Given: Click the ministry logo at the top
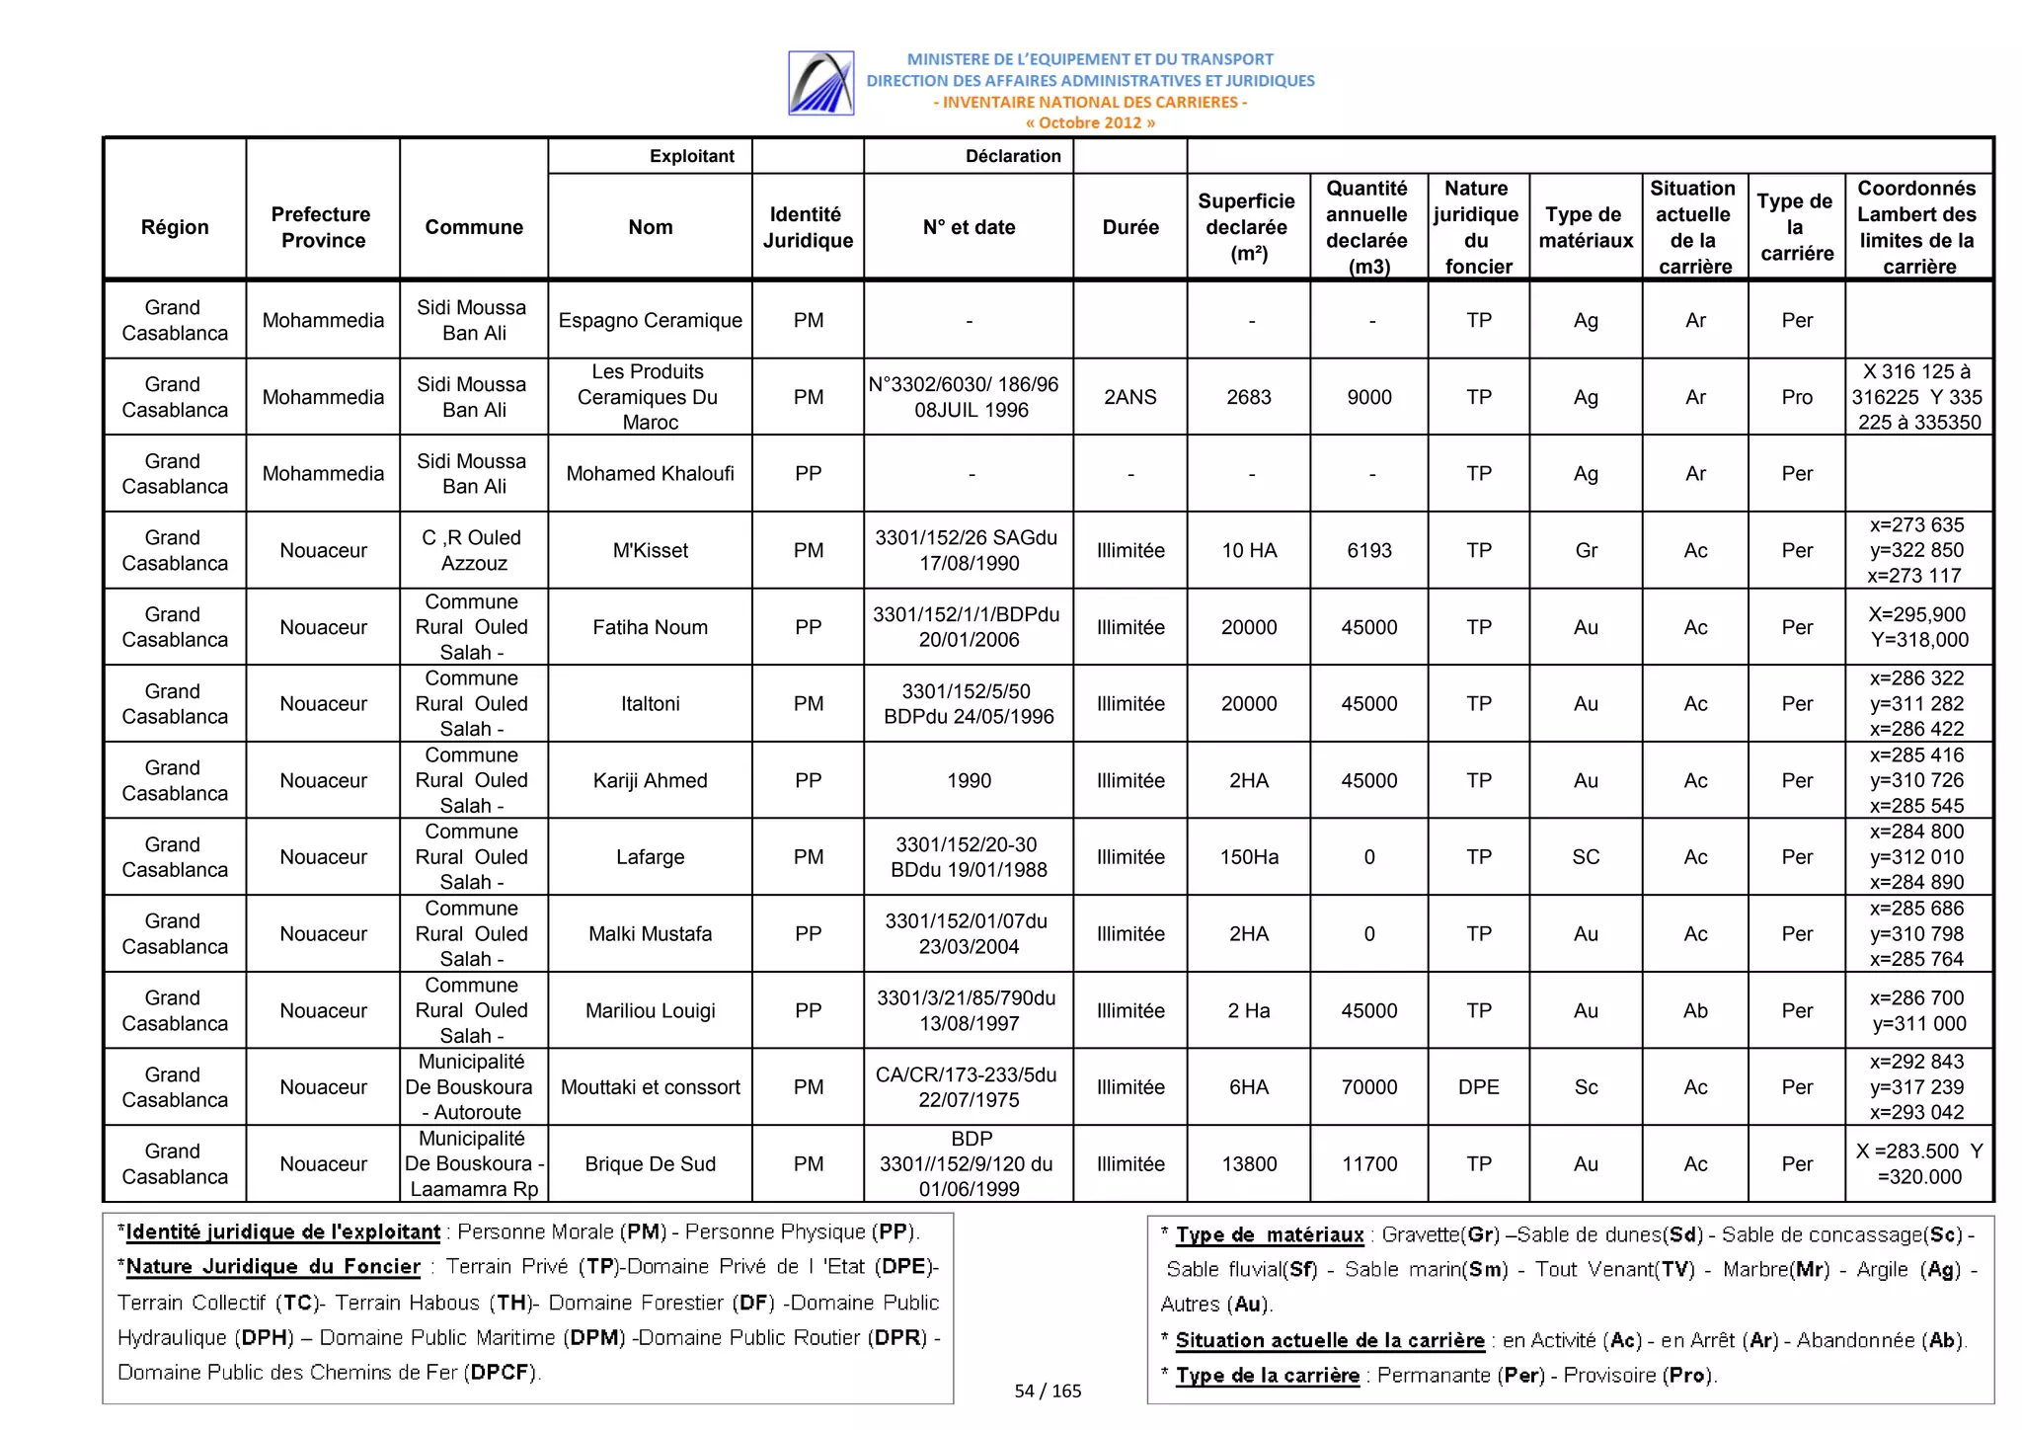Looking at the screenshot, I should pos(820,84).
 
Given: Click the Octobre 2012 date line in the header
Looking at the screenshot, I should pos(1089,123).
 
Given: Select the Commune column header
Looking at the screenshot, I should pos(474,227).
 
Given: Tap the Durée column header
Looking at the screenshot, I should pos(1129,227).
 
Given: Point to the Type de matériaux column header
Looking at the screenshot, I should pos(1585,227).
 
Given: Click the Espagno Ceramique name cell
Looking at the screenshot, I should pos(650,320).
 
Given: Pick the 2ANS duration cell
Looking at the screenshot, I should pos(1129,397).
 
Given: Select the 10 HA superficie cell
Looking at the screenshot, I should pos(1248,550).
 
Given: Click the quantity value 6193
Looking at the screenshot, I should pos(1368,550).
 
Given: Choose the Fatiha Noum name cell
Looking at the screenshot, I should pos(650,627).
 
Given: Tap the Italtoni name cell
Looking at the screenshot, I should pos(650,703).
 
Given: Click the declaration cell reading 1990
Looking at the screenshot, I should pos(969,780).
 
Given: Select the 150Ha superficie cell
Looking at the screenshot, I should pos(1248,857).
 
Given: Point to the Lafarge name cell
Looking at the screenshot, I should pos(650,857).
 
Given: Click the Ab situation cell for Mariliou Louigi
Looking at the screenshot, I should pos(1694,1010).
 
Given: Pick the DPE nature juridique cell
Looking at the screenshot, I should pos(1478,1087).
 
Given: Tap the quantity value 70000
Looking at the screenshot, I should pos(1368,1087).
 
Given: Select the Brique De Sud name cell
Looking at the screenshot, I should pos(650,1163).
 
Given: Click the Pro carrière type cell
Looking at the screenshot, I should pos(1796,397).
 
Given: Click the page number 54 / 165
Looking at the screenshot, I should pos(1048,1390).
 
